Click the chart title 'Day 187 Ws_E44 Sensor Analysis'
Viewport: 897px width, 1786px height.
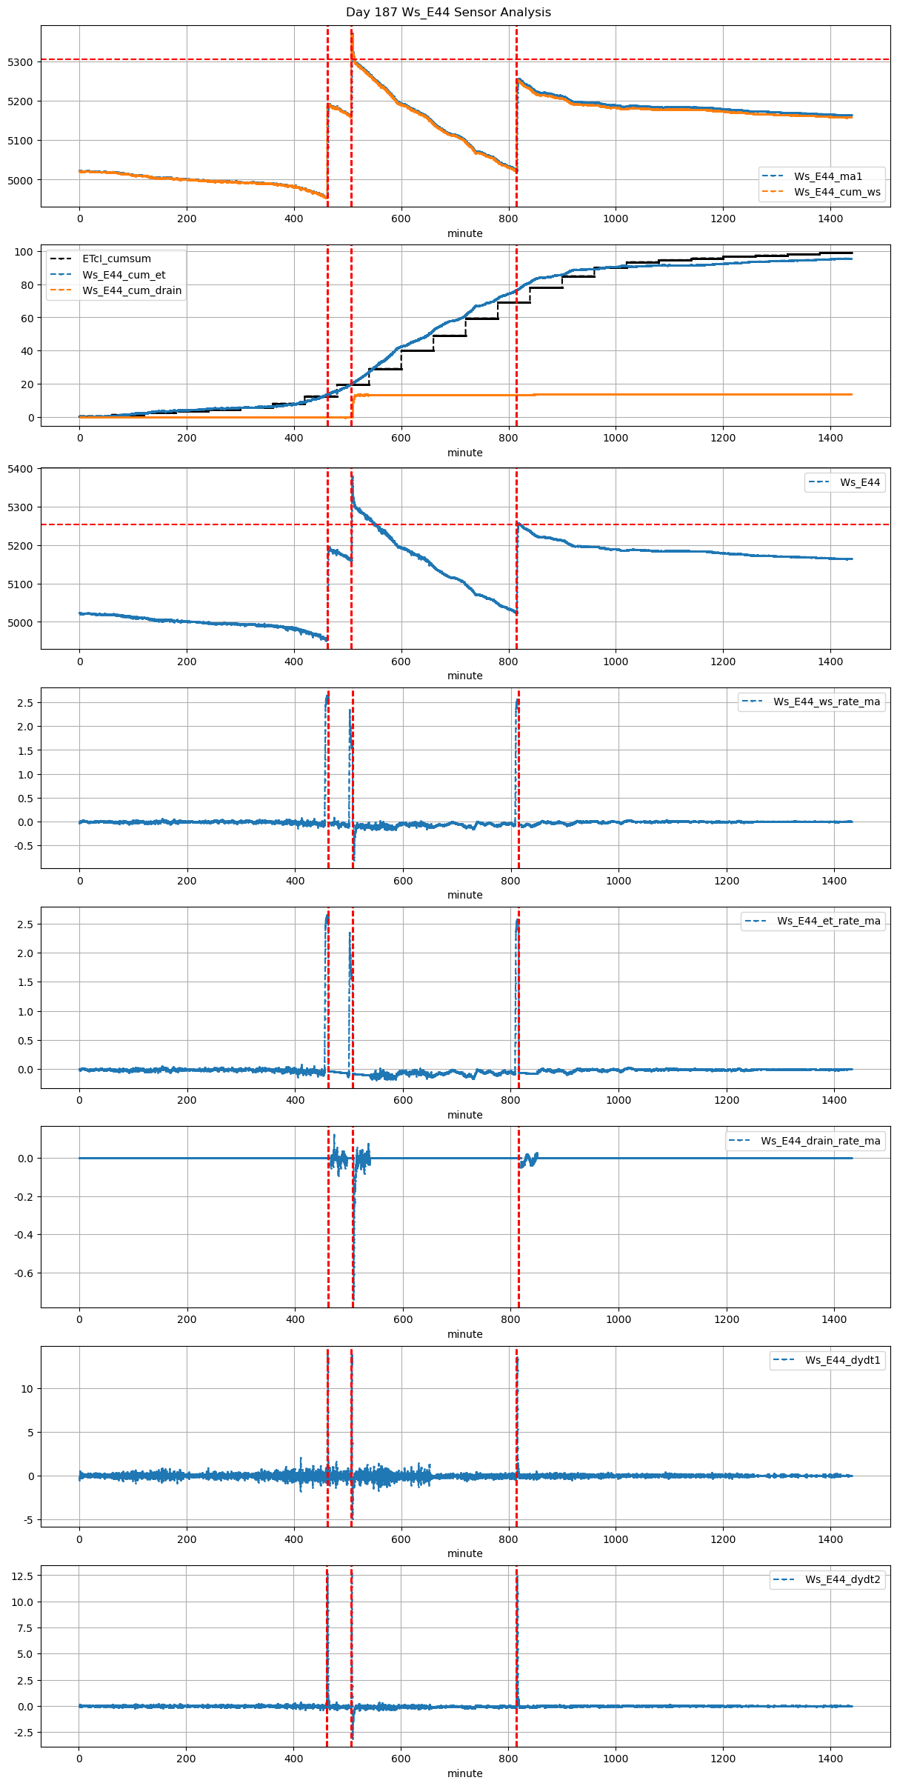448,13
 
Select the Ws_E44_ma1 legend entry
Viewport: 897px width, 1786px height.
827,176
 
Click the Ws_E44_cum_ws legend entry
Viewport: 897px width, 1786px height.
837,192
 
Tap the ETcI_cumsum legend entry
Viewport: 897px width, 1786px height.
116,259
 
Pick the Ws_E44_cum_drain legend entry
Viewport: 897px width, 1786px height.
132,290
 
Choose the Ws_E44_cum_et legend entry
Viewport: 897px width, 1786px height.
124,275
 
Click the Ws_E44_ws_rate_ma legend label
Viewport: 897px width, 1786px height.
827,702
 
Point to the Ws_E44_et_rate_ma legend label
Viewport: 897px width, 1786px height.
828,921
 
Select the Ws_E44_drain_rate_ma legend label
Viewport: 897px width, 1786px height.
820,1141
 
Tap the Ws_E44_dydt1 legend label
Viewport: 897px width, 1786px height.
842,1360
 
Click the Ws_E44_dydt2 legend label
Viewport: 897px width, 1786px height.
842,1579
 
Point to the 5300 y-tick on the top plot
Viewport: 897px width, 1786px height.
20,62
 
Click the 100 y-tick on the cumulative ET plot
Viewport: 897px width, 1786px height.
24,252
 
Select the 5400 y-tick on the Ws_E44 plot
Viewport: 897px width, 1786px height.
20,469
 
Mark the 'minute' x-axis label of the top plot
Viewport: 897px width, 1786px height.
464,233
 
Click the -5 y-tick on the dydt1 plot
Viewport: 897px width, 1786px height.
27,1520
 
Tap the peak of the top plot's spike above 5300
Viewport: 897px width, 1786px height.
352,31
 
